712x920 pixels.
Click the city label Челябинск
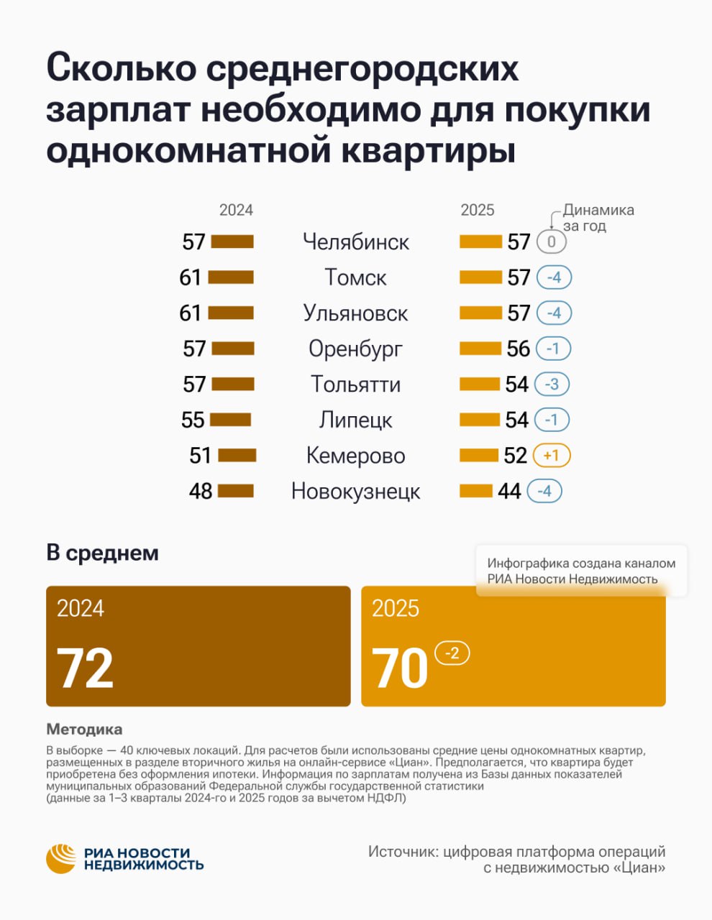click(x=356, y=242)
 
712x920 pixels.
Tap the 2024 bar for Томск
click(x=232, y=277)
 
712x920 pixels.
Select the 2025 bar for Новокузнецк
click(x=476, y=492)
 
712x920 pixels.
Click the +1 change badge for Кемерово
click(x=552, y=456)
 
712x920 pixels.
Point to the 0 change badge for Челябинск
click(x=552, y=242)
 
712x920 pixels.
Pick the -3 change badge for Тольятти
click(x=552, y=385)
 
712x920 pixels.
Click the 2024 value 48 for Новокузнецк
click(x=201, y=492)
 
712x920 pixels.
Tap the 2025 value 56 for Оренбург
click(x=518, y=349)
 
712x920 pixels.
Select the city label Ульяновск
click(x=355, y=313)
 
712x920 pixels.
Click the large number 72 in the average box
click(x=85, y=668)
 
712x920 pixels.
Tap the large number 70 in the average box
click(x=400, y=668)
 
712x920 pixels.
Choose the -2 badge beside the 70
click(x=452, y=653)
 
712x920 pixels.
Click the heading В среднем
click(x=102, y=553)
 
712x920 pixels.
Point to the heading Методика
click(x=84, y=730)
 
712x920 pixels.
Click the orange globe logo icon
click(x=61, y=858)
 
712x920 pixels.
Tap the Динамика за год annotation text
click(x=597, y=218)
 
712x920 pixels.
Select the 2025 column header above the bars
click(x=478, y=210)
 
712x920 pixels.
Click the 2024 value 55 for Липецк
click(x=193, y=420)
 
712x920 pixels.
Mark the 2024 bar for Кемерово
click(x=237, y=456)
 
